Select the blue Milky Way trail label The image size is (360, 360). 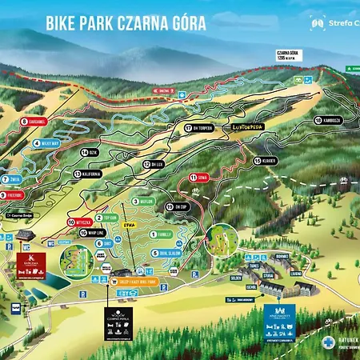47,144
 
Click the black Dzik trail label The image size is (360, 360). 89,151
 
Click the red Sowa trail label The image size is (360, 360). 198,176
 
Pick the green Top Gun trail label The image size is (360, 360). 106,217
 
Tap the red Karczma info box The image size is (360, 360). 31,263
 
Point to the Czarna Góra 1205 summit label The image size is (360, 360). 287,55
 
